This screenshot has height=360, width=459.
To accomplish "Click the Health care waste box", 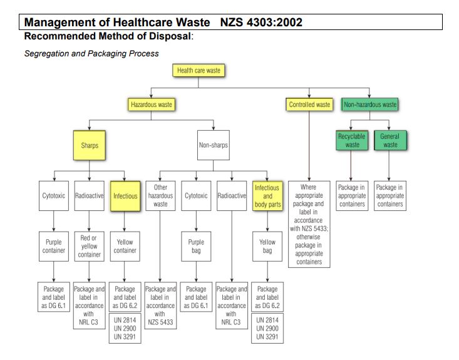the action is tap(199, 70).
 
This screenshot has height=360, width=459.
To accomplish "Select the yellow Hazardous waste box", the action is tap(152, 105).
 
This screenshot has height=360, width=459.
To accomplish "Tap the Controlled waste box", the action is tap(309, 105).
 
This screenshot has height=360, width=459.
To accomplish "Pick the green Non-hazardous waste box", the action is tap(369, 105).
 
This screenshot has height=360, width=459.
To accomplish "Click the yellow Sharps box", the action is tap(90, 145).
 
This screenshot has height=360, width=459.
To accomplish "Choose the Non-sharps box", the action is tap(214, 145).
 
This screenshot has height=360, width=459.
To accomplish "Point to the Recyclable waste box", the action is tap(352, 140).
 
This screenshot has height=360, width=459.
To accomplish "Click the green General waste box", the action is tap(390, 140).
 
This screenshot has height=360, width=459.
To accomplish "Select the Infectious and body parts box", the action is tap(267, 196).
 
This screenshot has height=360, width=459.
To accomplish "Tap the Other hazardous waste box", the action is tap(160, 196).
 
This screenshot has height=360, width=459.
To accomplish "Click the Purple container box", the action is tap(54, 247).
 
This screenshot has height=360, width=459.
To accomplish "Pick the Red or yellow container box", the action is tap(90, 247).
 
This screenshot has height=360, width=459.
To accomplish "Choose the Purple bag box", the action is tap(196, 247).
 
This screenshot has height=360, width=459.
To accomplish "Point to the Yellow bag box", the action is tap(267, 247).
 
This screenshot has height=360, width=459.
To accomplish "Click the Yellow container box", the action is tap(125, 247).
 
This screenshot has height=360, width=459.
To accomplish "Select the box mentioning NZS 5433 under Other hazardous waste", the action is tap(160, 306).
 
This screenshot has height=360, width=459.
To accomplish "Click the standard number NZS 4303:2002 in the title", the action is tap(261, 23).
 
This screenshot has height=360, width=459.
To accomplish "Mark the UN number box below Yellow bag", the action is tap(267, 329).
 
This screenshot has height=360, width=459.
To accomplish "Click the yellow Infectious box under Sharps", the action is tap(125, 196).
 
